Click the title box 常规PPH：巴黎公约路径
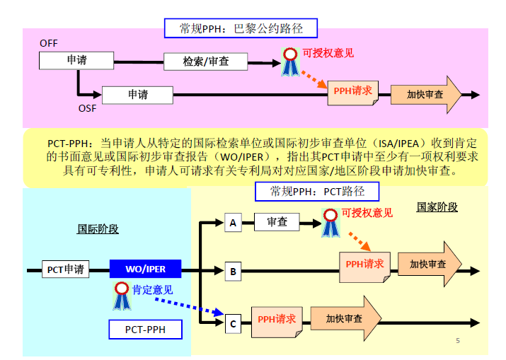pos(241,28)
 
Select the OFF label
pos(49,43)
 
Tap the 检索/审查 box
pos(206,62)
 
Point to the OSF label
pos(87,108)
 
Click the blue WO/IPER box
pos(145,269)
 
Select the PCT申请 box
pos(65,269)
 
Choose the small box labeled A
pos(233,223)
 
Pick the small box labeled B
pos(233,270)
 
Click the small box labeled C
pos(233,324)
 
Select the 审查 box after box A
pos(277,222)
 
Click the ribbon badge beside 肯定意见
pos(122,296)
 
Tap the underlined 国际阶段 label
pos(98,229)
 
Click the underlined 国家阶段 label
pos(437,207)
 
